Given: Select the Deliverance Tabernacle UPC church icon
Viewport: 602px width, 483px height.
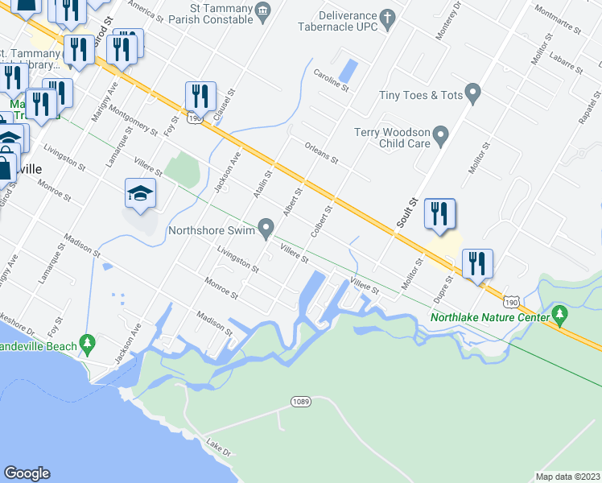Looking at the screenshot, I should coord(387,17).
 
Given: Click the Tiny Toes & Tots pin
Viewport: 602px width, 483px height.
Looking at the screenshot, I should coord(473,95).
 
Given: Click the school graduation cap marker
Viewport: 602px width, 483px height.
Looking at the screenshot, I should coord(140,193).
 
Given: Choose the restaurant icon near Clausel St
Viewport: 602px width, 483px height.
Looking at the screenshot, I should coord(198,96).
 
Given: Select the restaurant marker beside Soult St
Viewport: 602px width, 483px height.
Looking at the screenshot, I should coord(439,213).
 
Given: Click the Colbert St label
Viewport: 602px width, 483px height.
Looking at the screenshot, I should coord(320,221).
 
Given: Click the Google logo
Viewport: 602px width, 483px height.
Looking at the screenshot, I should coord(27,473).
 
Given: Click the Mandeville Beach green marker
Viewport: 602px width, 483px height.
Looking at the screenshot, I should coord(88,345).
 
